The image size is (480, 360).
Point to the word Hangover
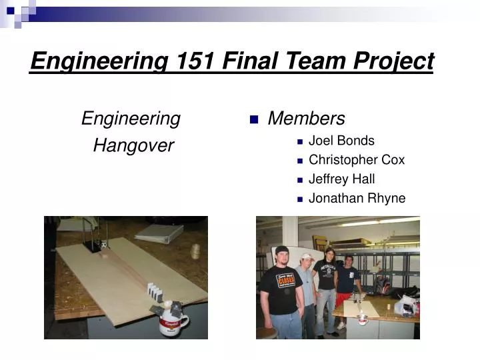[133, 145]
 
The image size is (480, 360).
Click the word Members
[306, 119]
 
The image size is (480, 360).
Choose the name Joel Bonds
[341, 141]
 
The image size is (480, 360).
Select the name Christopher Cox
[357, 160]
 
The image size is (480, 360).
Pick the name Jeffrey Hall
[341, 179]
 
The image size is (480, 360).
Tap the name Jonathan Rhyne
[357, 198]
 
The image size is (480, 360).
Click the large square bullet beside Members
[253, 120]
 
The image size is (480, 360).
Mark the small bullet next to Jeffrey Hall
[300, 180]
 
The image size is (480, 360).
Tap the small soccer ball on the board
[104, 245]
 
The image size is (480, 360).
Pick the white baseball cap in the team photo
[306, 257]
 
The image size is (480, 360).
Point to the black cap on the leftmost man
[281, 249]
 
